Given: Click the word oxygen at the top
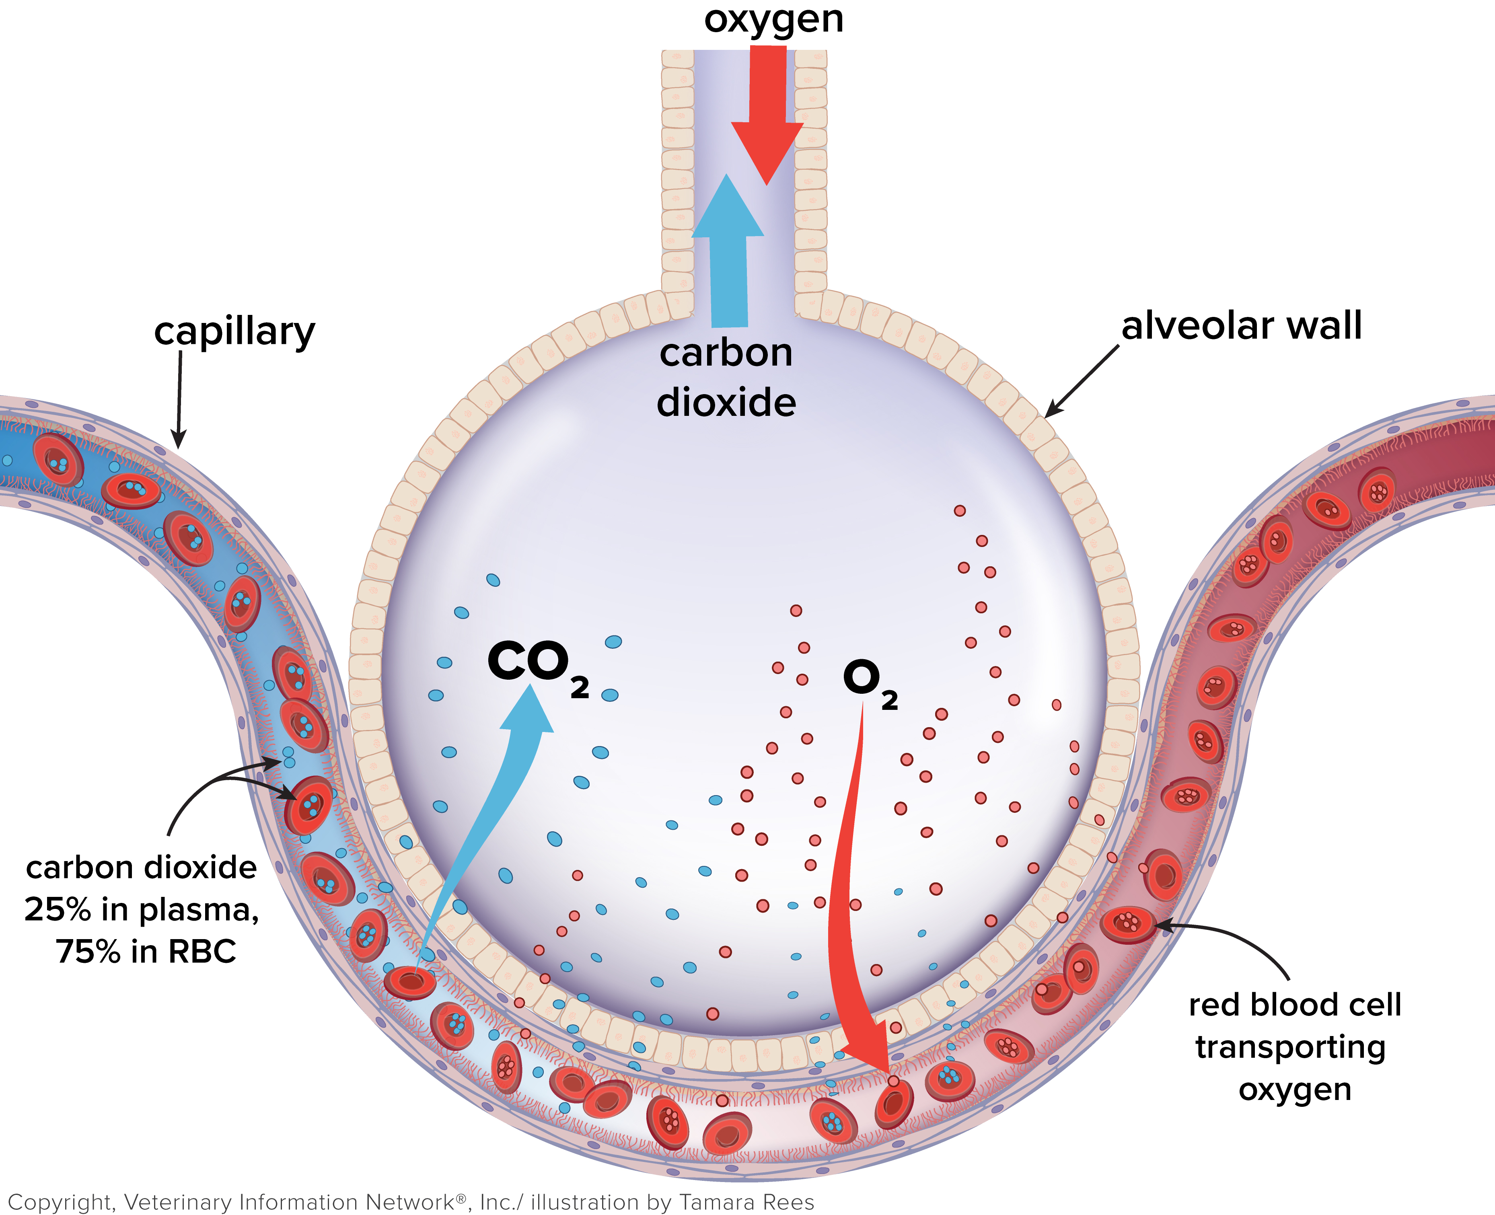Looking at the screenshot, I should pyautogui.click(x=773, y=20).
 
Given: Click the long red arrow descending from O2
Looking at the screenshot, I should pyautogui.click(x=843, y=910).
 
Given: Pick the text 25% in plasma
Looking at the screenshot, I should pyautogui.click(x=142, y=910).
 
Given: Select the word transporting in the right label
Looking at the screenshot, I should pyautogui.click(x=1290, y=1048).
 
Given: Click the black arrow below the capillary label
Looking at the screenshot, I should pyautogui.click(x=179, y=399).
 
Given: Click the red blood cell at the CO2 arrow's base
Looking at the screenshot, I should pyautogui.click(x=410, y=982).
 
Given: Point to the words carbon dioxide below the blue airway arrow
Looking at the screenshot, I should pyautogui.click(x=726, y=378).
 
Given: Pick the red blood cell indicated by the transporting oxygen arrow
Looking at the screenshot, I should pyautogui.click(x=1127, y=924).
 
